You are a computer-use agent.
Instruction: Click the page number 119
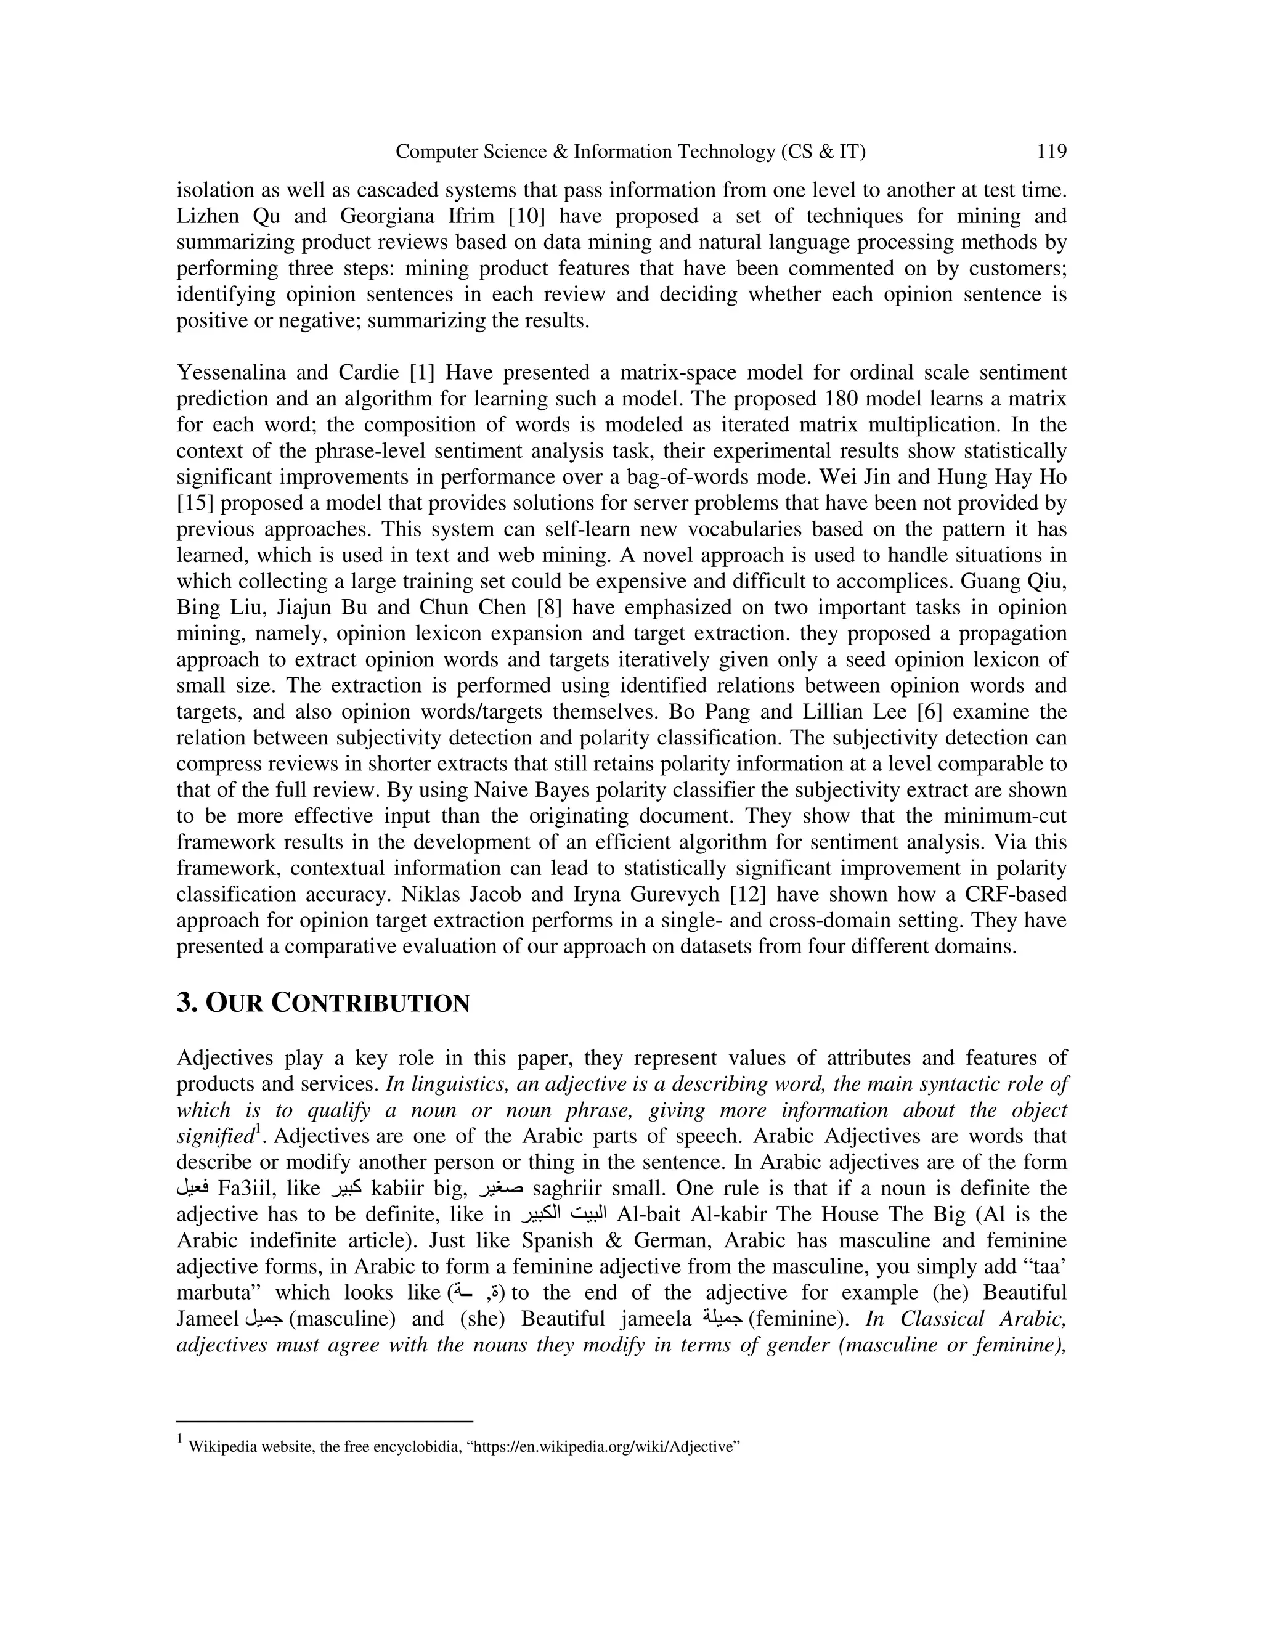click(1051, 152)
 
